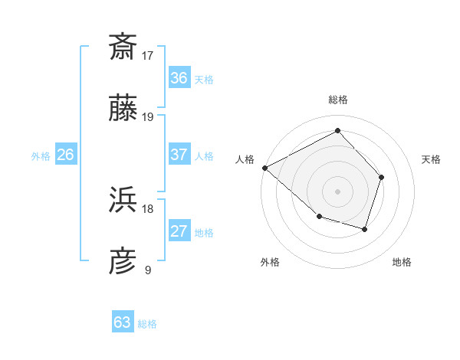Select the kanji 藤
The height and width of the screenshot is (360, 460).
coord(123,110)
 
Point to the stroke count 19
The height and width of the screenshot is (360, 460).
coord(148,117)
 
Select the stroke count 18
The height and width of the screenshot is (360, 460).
coord(148,208)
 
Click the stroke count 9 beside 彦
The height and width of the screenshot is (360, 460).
coord(147,270)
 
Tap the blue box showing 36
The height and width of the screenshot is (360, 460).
coord(179,78)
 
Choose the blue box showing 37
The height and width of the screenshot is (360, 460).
coord(179,155)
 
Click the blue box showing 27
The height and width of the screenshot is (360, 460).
coord(179,232)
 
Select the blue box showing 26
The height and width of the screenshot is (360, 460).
coord(66,155)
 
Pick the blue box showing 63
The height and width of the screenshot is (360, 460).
coord(123,322)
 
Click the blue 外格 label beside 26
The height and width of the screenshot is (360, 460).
coord(41,156)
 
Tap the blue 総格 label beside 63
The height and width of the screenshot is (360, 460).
coord(147,324)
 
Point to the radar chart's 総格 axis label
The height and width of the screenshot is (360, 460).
coord(338,100)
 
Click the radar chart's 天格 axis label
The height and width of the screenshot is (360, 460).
coord(432,159)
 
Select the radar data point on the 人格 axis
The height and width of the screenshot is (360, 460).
coord(264,168)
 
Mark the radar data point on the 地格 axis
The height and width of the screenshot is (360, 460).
coord(365,229)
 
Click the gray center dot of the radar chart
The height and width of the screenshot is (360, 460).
coord(338,191)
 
